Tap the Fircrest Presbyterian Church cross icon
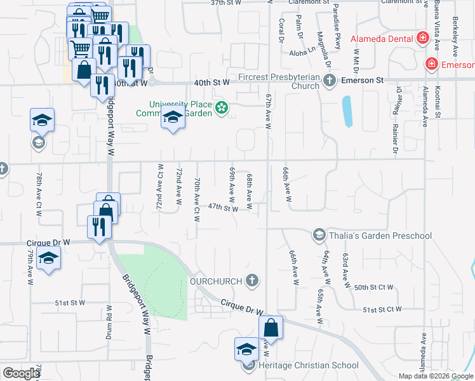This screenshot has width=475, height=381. pyautogui.click(x=329, y=81)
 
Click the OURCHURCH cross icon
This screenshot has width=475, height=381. pyautogui.click(x=252, y=280)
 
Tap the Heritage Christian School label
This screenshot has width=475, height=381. pyautogui.click(x=309, y=365)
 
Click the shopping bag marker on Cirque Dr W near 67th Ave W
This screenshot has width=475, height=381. pyautogui.click(x=271, y=328)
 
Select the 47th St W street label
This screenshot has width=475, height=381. pyautogui.click(x=222, y=208)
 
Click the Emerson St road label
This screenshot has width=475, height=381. pyautogui.click(x=363, y=81)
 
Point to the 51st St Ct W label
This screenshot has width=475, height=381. pyautogui.click(x=382, y=309)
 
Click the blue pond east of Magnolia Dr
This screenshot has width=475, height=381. pyautogui.click(x=347, y=112)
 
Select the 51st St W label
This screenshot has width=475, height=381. pyautogui.click(x=70, y=303)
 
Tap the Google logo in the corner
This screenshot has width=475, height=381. pyautogui.click(x=22, y=373)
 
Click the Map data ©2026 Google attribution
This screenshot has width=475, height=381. pyautogui.click(x=436, y=376)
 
